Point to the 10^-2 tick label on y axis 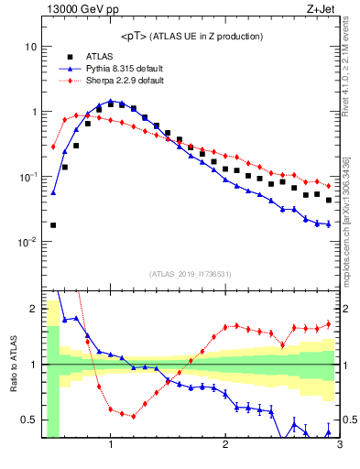tap(27, 242)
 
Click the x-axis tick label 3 tap(339, 445)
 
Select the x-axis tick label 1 tap(111, 445)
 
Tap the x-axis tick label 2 tap(225, 445)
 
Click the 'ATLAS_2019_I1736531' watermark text tap(191, 275)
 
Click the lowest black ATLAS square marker tap(53, 224)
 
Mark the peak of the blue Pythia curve tap(111, 101)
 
